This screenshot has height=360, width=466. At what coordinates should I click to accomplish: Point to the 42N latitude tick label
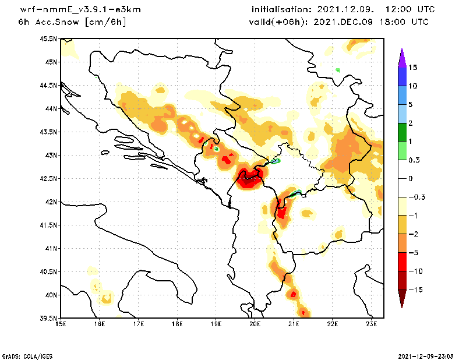50,202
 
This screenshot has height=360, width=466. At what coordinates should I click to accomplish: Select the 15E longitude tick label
61,324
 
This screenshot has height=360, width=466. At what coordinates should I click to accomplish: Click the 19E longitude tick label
216,324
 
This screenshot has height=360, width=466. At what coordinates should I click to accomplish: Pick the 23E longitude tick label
372,324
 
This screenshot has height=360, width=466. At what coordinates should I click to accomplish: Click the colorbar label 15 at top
412,67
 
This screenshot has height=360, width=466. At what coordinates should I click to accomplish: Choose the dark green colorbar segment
402,132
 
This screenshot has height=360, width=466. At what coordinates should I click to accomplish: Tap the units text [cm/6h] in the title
105,22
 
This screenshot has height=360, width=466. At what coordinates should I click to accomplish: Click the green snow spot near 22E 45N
338,70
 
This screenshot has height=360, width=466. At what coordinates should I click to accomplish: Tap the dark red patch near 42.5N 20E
249,181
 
